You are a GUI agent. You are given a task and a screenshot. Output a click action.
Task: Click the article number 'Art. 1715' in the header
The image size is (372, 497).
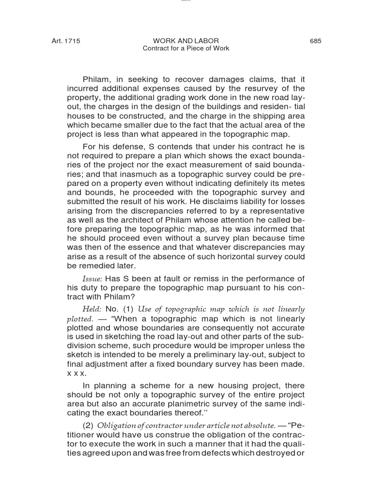pos(66,41)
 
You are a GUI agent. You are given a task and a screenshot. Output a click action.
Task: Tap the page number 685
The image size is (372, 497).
pos(315,41)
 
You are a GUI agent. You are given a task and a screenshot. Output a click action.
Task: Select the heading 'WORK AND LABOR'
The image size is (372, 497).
pos(186,41)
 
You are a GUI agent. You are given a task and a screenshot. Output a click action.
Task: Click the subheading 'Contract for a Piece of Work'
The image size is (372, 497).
pos(186,49)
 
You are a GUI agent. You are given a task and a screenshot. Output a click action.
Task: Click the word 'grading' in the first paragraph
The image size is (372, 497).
pos(149,98)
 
